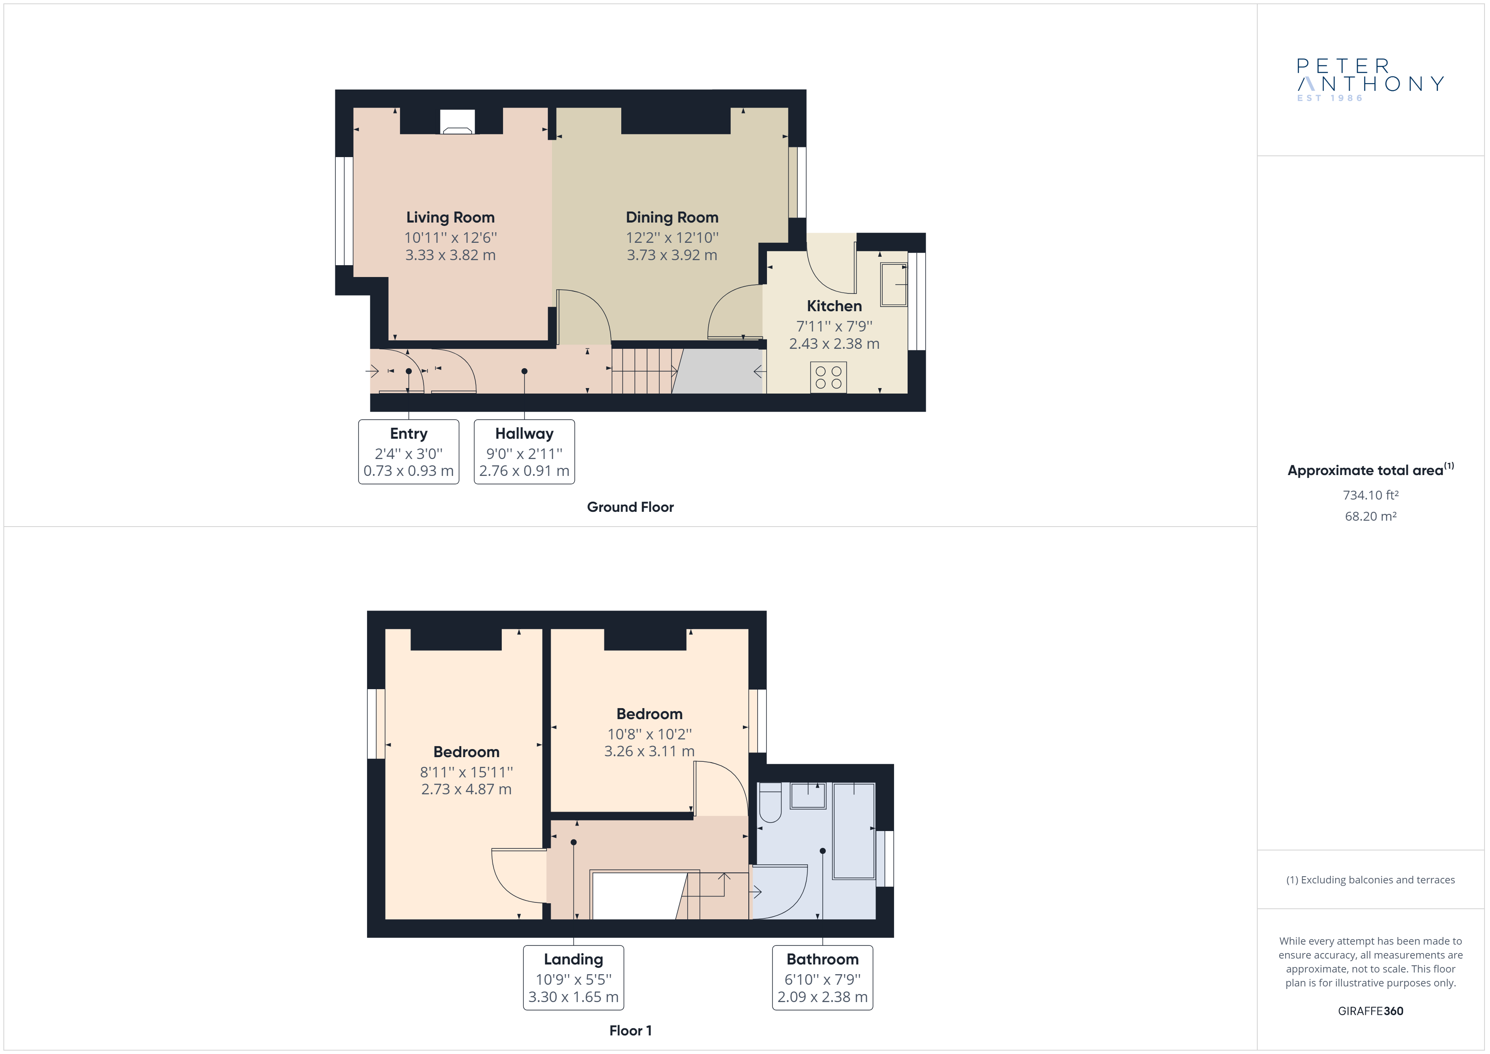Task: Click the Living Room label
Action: coord(450,217)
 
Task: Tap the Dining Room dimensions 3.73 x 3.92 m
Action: coord(672,255)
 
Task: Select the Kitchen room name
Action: coord(834,306)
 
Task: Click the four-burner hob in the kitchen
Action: coord(829,377)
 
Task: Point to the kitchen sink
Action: coord(894,284)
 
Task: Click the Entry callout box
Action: coord(409,452)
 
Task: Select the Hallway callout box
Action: coord(525,452)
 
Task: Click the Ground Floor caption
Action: coord(630,507)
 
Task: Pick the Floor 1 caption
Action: coord(630,1031)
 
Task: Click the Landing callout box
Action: coord(574,978)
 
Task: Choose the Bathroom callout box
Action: coord(822,978)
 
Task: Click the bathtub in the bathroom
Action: coord(854,831)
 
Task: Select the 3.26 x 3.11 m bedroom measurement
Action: coord(649,751)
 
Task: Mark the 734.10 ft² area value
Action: coord(1370,495)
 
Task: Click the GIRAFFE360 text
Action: coord(1370,1011)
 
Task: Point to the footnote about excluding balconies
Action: coord(1370,880)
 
